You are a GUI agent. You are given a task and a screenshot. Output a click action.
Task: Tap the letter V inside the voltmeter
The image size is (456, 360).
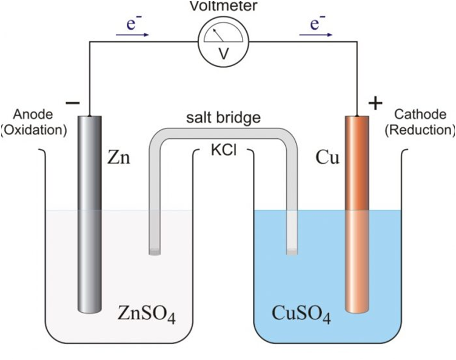click(224, 53)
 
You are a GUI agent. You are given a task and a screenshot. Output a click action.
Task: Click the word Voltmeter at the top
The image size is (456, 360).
click(224, 6)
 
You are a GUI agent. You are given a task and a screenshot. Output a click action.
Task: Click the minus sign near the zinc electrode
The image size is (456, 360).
click(72, 103)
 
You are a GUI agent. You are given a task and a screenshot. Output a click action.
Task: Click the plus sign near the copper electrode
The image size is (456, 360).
click(376, 104)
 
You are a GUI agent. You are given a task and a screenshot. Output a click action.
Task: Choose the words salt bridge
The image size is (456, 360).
click(223, 118)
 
